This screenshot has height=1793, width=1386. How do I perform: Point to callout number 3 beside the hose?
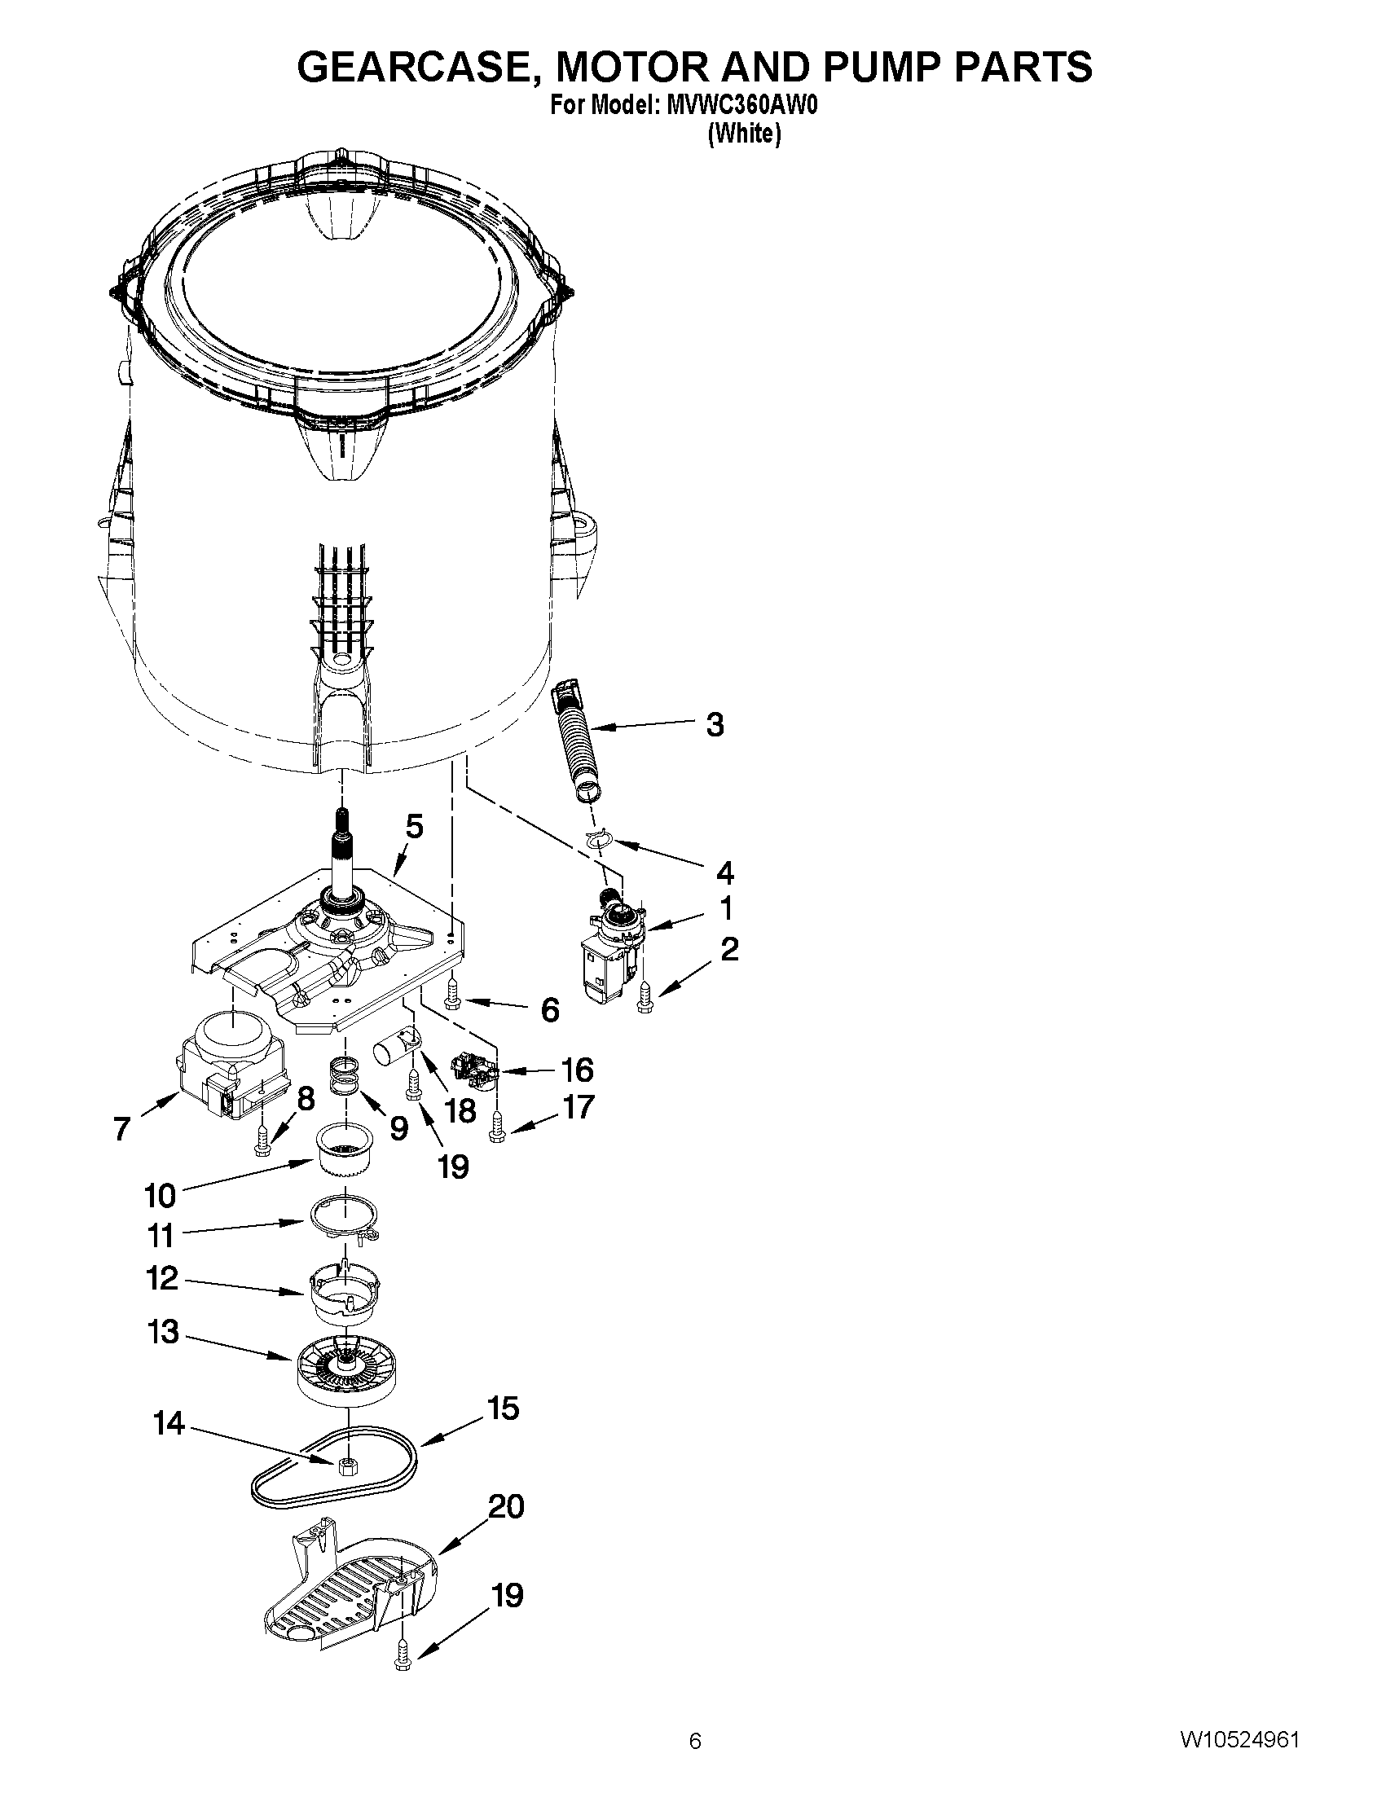715,725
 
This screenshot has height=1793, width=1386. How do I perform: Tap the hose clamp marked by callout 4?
600,838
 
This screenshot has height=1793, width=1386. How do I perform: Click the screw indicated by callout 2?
645,994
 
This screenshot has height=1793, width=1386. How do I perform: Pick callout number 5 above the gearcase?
415,827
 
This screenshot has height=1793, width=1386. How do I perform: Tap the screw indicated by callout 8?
262,1140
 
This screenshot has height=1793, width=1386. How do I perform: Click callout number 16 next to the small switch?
576,1070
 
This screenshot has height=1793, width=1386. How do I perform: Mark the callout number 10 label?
161,1195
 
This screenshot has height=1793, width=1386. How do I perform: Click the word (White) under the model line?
744,133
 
